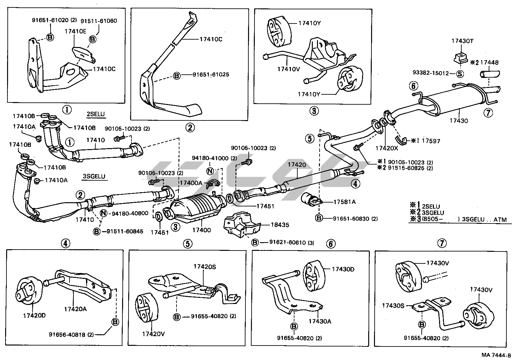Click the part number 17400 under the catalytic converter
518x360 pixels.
[x=201, y=230]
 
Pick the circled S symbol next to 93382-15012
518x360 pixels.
[x=460, y=74]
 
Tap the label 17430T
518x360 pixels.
[x=462, y=41]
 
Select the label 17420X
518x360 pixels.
[x=387, y=148]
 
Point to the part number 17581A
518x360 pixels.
[x=344, y=202]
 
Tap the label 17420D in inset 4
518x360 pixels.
[x=34, y=315]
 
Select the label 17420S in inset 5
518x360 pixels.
[x=205, y=267]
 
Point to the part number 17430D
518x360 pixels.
[x=343, y=269]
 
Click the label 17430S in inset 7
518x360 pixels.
[x=393, y=305]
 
